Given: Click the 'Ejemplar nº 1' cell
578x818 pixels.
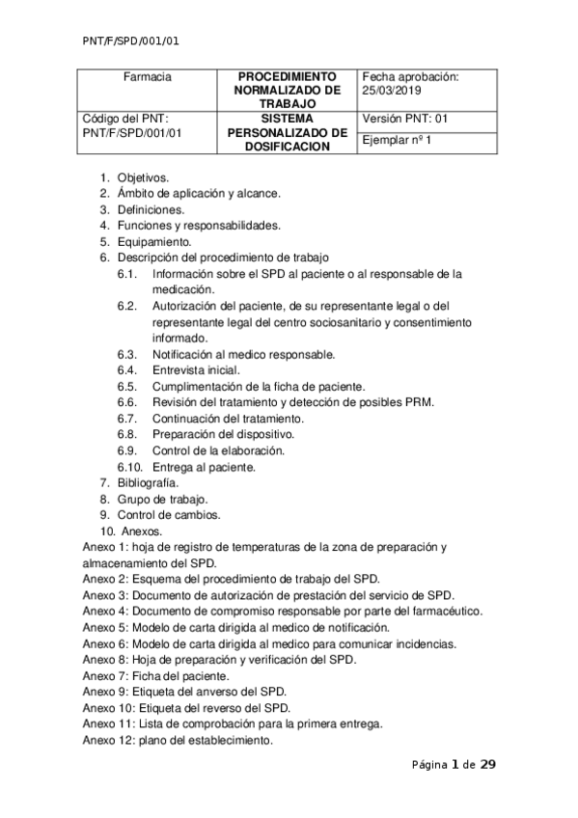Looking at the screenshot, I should [396, 141].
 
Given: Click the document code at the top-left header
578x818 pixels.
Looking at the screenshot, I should [131, 41].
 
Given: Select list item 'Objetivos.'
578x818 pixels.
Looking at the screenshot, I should [143, 177].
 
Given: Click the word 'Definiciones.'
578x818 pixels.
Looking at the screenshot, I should [151, 209].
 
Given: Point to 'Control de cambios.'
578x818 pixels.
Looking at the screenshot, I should [166, 515].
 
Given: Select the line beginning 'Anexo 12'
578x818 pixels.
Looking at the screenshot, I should [178, 741].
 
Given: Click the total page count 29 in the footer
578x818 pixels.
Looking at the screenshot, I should [488, 765].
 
